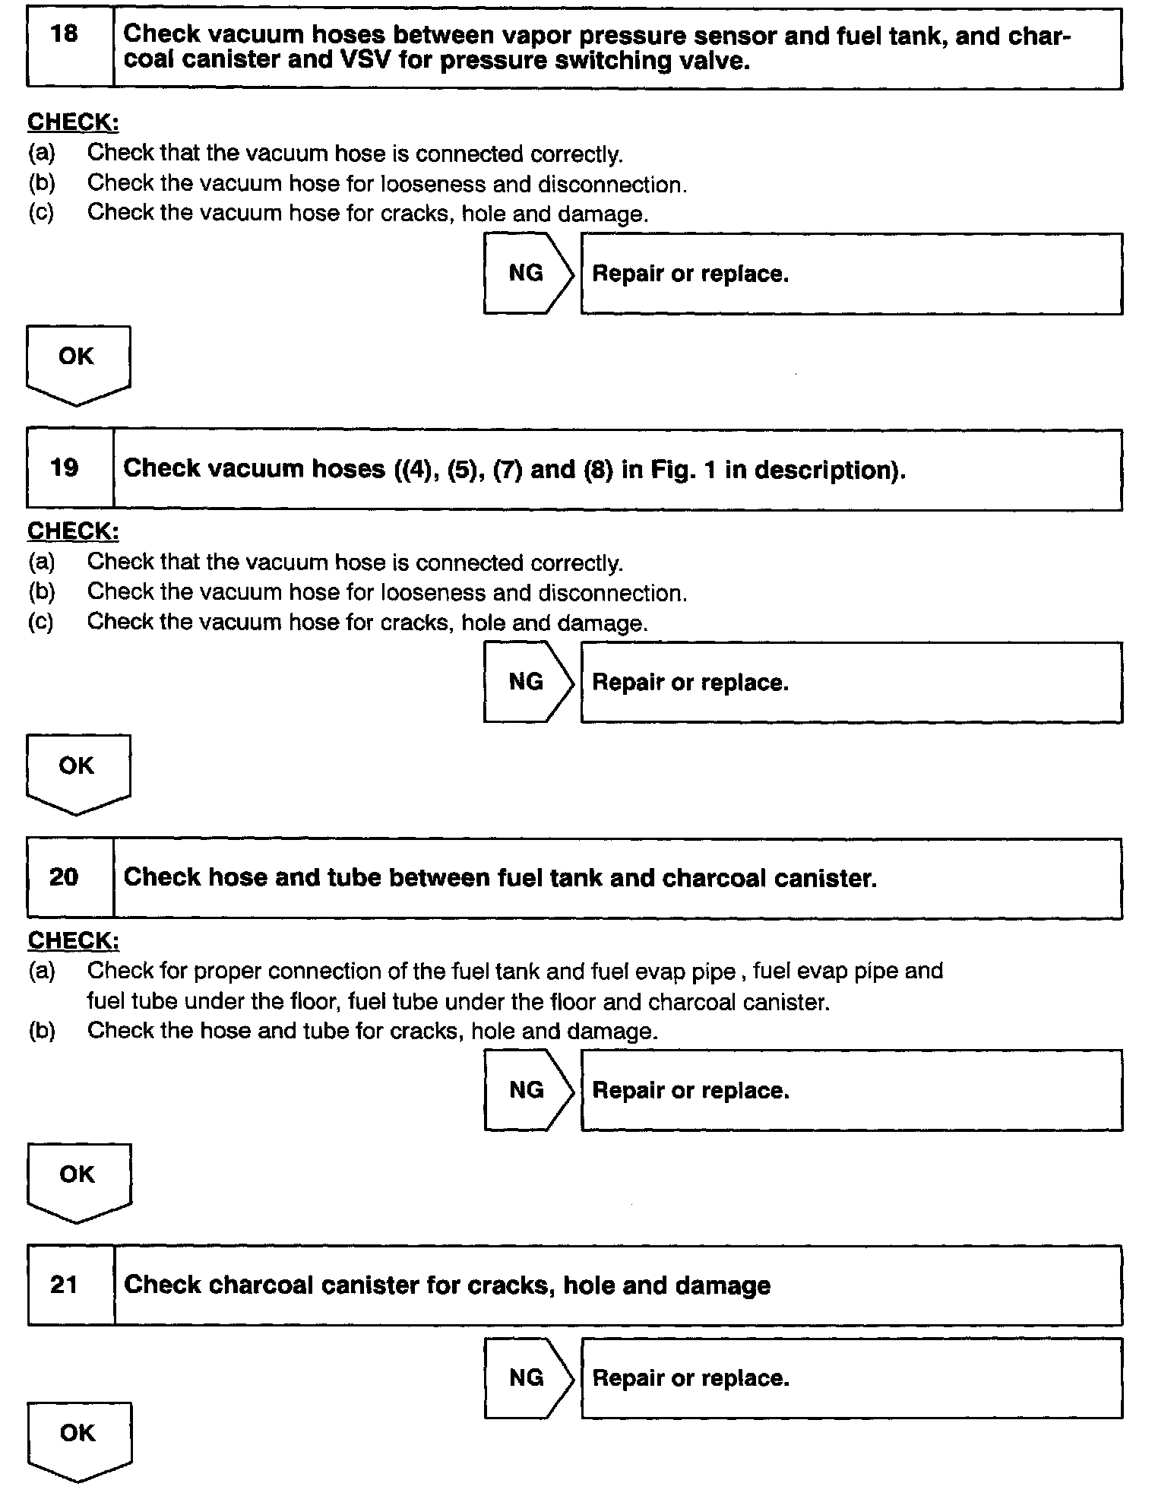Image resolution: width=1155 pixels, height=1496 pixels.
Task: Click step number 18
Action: coord(65,33)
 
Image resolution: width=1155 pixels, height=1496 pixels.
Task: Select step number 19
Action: coord(65,467)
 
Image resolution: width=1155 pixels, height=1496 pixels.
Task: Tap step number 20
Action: coord(64,876)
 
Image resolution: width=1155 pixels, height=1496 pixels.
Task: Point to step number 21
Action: coord(64,1284)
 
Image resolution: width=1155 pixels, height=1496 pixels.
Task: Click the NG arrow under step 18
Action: coord(527,273)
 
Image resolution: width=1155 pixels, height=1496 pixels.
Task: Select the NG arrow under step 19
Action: coord(527,682)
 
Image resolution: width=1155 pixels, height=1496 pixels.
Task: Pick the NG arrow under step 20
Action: coord(527,1090)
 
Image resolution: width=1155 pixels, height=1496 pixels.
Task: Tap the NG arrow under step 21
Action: coord(527,1377)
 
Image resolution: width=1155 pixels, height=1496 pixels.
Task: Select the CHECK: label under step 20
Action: coord(73,940)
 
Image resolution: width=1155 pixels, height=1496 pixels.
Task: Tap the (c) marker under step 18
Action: coord(41,213)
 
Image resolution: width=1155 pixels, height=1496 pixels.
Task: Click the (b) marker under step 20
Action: coord(41,1031)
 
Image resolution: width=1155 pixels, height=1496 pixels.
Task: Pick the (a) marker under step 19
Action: coord(41,563)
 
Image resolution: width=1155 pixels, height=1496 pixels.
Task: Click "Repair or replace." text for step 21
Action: coord(691,1378)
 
